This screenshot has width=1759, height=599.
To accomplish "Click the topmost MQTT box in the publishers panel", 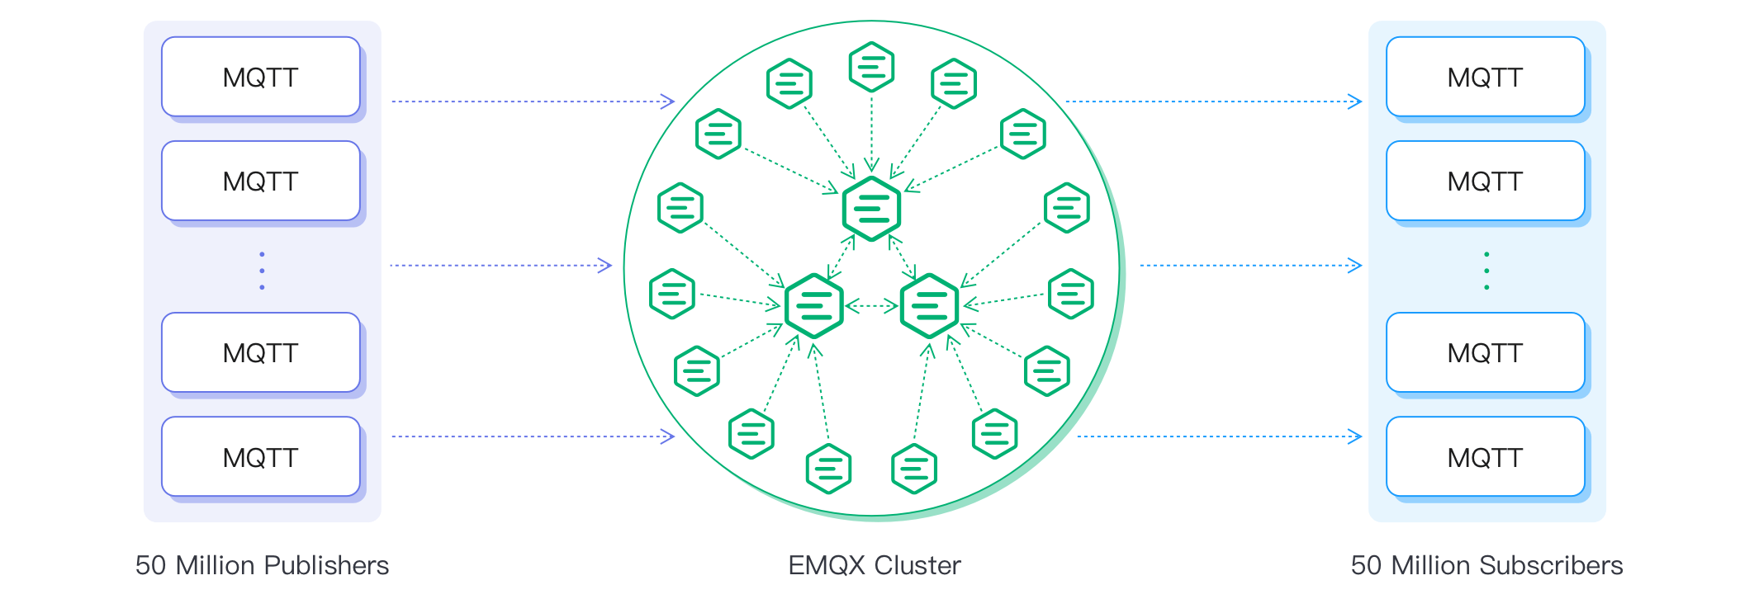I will [261, 77].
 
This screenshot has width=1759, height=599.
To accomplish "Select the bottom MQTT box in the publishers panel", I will [261, 456].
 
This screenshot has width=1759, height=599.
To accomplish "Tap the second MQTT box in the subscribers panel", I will [1485, 181].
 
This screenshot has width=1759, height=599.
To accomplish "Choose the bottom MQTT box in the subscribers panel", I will [1485, 456].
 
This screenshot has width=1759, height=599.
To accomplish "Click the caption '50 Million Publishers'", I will [262, 565].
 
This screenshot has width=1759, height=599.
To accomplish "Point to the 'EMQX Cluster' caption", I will [874, 565].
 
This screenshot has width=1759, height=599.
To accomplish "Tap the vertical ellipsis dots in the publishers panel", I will [262, 271].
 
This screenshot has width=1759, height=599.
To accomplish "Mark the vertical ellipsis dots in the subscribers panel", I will [1486, 271].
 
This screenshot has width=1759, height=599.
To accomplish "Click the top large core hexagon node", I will [871, 209].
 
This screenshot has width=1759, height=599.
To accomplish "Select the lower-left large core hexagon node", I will [814, 306].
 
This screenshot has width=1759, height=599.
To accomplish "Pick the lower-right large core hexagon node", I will [930, 306].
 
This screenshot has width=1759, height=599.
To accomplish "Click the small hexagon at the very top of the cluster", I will [871, 67].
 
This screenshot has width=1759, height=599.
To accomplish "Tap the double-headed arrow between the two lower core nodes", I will [872, 306].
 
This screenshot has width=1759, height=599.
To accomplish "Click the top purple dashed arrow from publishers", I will [533, 101].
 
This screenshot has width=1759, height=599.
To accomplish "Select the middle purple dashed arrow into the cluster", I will [500, 266].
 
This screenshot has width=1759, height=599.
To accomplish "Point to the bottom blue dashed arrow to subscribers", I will [1218, 436].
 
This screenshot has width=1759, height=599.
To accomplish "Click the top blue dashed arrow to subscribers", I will [1212, 101].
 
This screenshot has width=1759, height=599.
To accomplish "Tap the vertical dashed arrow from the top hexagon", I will [871, 132].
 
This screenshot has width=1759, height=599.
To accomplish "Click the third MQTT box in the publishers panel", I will [261, 352].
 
